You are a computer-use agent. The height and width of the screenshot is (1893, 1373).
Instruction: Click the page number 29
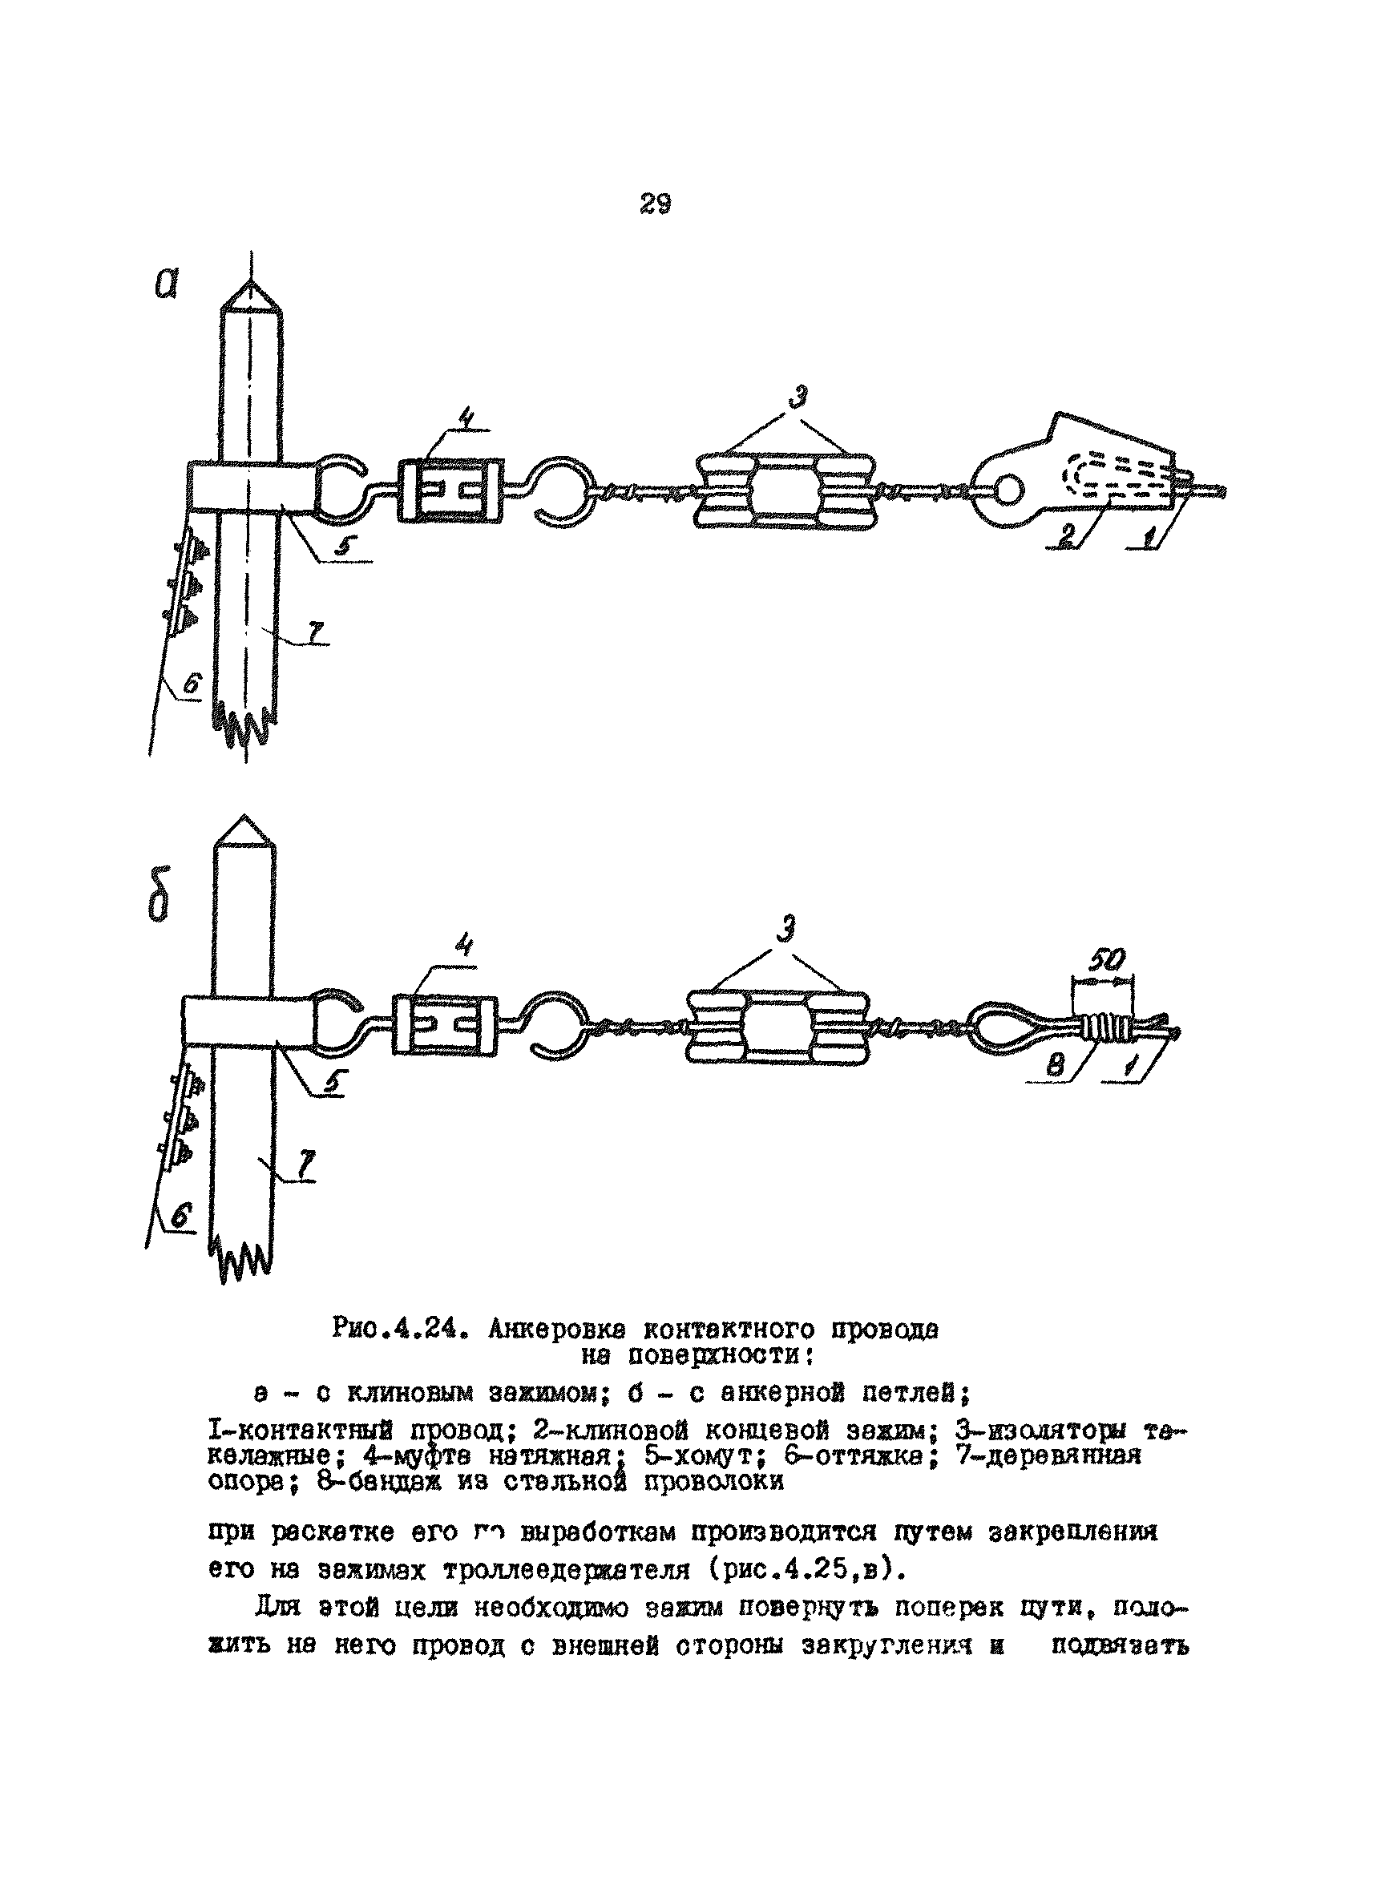point(655,203)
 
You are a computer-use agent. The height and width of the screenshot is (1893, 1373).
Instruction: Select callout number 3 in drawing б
point(784,928)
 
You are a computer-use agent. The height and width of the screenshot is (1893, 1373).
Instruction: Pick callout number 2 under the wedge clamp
point(1067,536)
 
